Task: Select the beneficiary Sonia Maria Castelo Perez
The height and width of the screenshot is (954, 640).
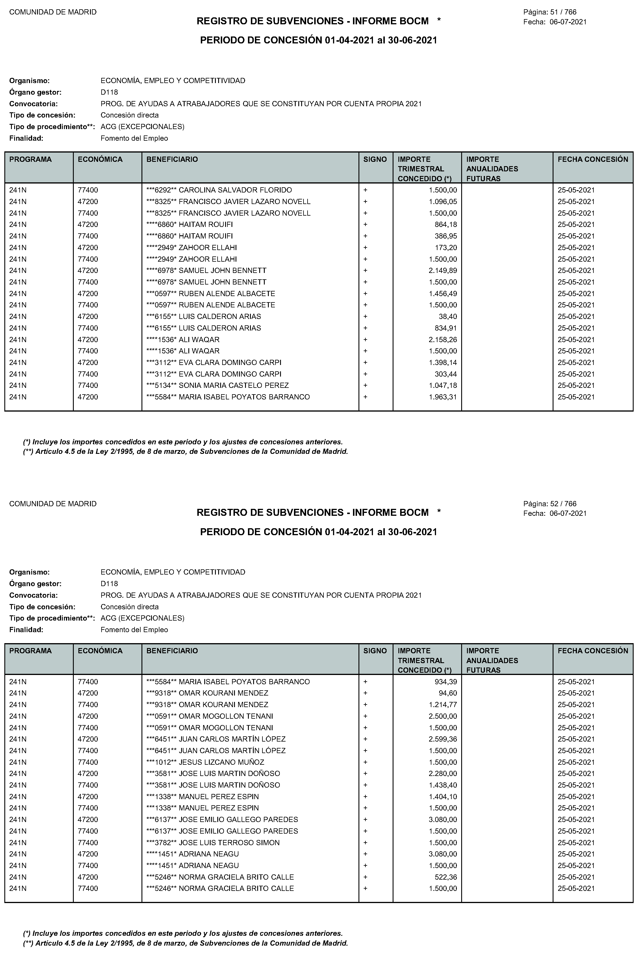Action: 218,385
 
